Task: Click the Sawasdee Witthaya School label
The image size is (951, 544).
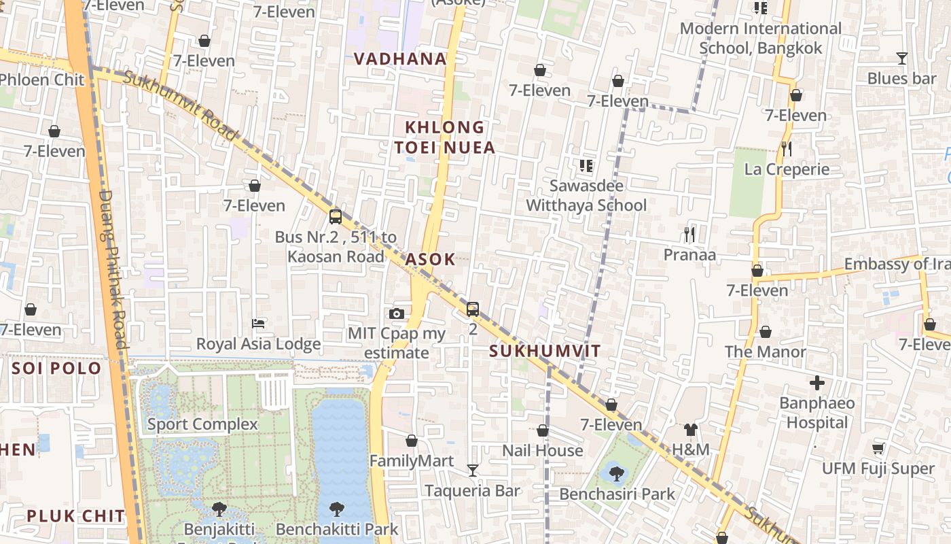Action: [x=586, y=195]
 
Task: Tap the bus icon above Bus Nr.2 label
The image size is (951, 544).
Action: [x=335, y=217]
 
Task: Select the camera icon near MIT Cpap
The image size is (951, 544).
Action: [x=397, y=313]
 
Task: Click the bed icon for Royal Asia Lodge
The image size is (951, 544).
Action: [x=258, y=323]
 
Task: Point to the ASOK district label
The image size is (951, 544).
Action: [x=430, y=260]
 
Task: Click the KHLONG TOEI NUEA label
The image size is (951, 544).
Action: [x=445, y=137]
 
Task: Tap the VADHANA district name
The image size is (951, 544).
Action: [x=400, y=59]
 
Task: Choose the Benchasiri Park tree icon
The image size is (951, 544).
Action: [x=616, y=473]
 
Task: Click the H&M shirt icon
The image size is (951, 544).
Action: [x=690, y=429]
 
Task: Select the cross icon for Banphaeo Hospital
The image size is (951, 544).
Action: [x=817, y=383]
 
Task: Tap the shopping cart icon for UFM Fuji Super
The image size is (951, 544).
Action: [x=878, y=448]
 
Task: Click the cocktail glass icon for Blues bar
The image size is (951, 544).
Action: [x=901, y=58]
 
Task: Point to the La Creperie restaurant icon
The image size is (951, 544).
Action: [x=787, y=148]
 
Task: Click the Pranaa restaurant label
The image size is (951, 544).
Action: [x=689, y=255]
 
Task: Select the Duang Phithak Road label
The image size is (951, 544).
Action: [x=113, y=269]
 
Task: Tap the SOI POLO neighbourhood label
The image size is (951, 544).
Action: [x=56, y=369]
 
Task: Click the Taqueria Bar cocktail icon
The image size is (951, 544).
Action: [x=472, y=470]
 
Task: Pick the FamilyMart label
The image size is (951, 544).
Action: [x=411, y=461]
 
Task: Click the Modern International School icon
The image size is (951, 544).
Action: [x=760, y=8]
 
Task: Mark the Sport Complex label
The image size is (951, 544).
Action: [x=202, y=425]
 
